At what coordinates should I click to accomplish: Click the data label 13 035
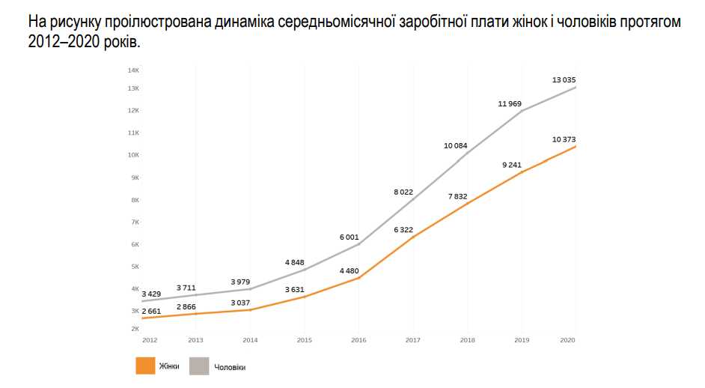(564, 79)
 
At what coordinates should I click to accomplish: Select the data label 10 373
(564, 139)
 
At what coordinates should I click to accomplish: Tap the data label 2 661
(151, 310)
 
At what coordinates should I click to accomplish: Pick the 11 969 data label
(510, 103)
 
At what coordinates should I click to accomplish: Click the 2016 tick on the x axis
(358, 340)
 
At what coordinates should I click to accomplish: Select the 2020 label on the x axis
(567, 340)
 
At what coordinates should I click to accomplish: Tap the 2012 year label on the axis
(150, 340)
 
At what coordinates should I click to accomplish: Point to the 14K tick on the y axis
(134, 70)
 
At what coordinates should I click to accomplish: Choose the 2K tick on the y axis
(135, 329)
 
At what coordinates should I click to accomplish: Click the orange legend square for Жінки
(144, 366)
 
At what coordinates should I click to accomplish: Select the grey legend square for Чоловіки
(198, 366)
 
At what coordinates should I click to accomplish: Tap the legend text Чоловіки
(230, 367)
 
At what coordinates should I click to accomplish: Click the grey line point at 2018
(467, 154)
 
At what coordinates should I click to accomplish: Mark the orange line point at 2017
(412, 237)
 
